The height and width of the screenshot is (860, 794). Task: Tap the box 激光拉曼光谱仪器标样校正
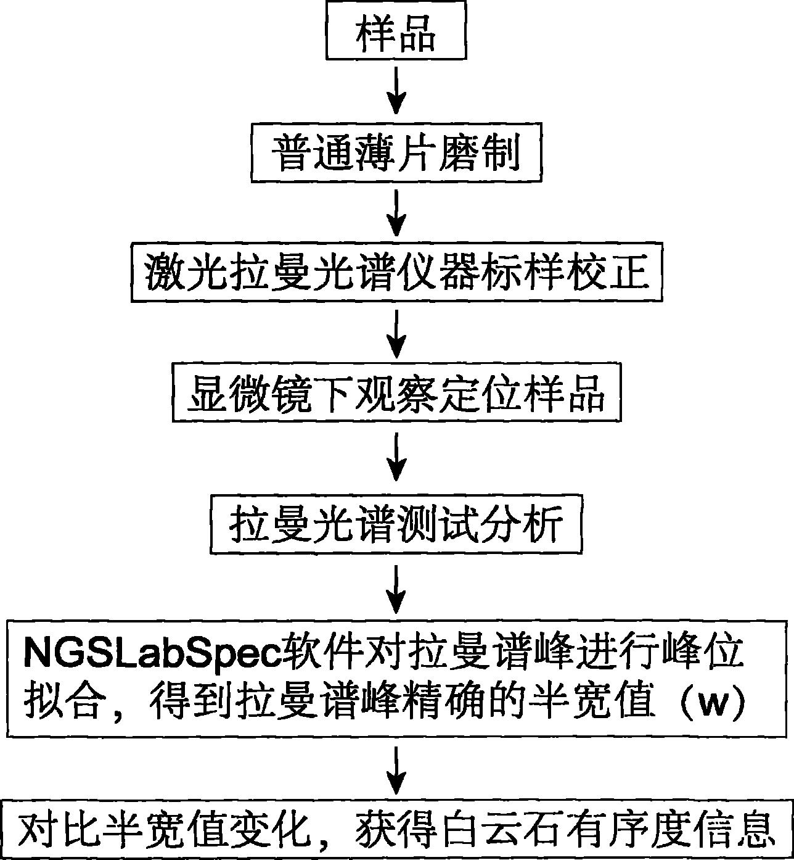point(396,273)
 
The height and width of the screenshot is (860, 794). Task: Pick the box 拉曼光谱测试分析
point(396,525)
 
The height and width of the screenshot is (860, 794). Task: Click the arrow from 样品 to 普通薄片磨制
point(399,91)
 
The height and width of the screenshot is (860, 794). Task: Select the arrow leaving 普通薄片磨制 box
point(399,212)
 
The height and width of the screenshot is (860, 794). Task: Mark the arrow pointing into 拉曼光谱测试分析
point(399,457)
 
